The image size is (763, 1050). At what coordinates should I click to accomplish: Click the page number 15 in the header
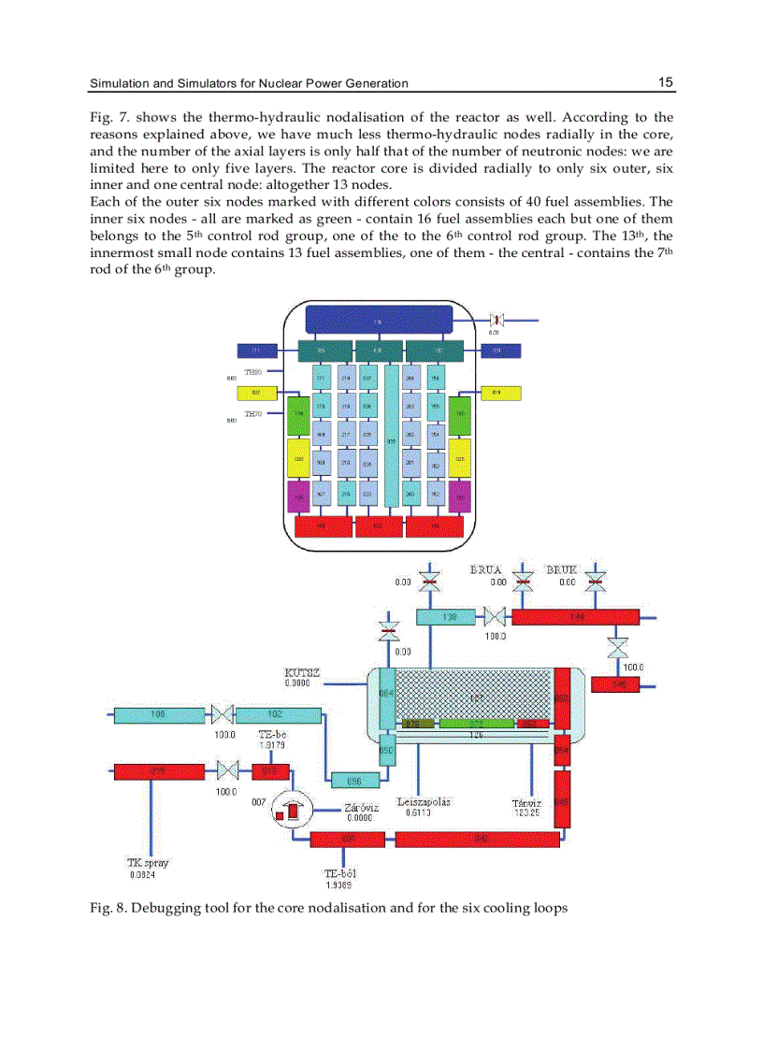tap(665, 82)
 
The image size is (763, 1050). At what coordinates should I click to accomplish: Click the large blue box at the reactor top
tap(379, 322)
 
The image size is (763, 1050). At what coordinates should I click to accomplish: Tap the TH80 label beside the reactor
tap(253, 373)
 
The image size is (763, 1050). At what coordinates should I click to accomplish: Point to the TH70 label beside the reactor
tap(253, 414)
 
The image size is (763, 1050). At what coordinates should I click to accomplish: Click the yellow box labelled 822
tap(255, 394)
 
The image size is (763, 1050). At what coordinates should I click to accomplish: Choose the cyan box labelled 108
tap(159, 715)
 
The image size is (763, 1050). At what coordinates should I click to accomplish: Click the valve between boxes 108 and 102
tap(222, 715)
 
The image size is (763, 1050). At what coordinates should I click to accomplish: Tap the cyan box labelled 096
tap(354, 780)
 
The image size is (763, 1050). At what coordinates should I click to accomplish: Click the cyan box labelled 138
tap(449, 617)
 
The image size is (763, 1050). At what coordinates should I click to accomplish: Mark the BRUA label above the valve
tap(485, 569)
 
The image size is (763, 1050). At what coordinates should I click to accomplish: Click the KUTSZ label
tap(302, 672)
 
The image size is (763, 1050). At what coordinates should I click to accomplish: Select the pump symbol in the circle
tap(289, 812)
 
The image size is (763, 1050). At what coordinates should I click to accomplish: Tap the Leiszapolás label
tap(424, 802)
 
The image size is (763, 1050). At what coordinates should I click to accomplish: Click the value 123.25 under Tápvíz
tap(528, 813)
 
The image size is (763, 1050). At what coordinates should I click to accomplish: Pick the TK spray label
tap(148, 864)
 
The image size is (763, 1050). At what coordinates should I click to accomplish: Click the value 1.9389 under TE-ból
tap(338, 885)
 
